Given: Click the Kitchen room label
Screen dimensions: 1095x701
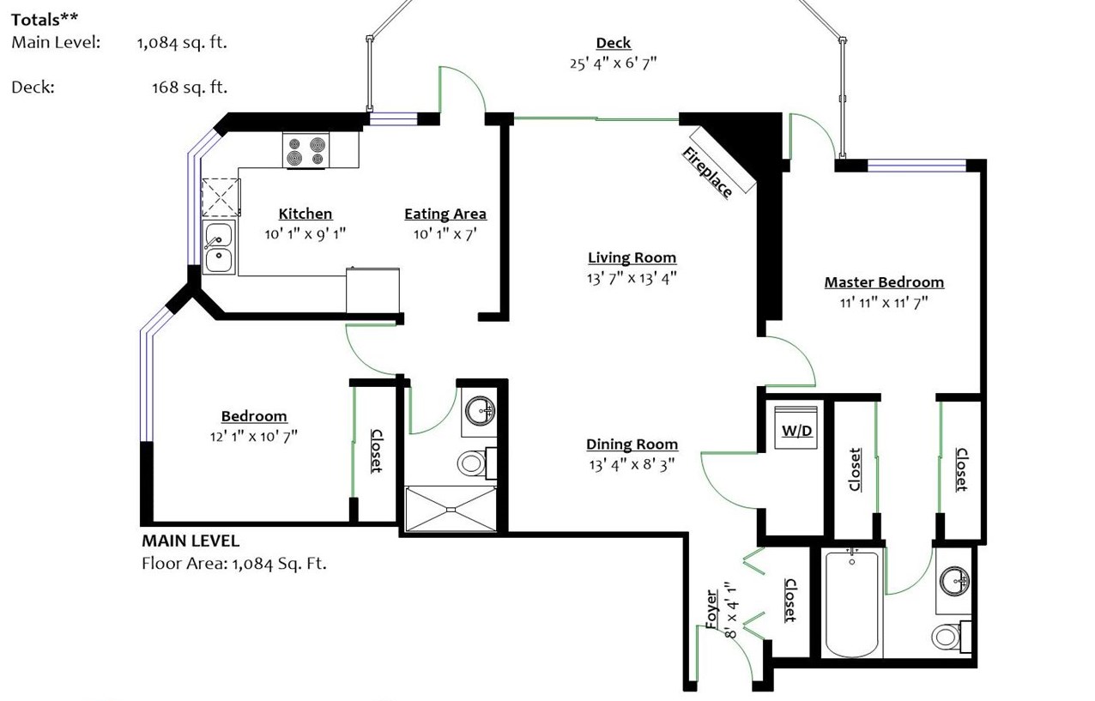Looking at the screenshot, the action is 305,214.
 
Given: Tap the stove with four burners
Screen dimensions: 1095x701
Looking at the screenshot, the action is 306,150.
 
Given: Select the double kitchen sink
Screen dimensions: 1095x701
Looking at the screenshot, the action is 219,247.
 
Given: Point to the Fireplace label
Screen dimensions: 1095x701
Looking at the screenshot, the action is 707,172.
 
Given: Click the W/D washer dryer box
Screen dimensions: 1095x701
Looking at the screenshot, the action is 796,427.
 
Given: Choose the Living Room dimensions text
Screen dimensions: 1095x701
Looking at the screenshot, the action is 632,278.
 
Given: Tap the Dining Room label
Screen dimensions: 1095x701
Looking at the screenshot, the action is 632,444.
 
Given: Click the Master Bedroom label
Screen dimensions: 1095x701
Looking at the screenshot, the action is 884,282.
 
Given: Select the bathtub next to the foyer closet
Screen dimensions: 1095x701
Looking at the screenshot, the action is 852,604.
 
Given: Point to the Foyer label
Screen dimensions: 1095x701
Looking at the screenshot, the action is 711,609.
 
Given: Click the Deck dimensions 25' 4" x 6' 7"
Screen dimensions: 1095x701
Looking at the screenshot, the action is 613,63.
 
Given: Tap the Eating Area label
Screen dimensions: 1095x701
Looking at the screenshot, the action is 445,214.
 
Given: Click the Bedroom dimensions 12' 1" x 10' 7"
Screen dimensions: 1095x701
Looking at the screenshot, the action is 254,436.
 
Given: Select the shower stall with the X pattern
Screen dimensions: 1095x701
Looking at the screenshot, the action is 451,509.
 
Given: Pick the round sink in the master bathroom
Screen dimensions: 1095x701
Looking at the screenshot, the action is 953,581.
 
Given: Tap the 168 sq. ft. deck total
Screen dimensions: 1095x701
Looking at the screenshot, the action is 190,88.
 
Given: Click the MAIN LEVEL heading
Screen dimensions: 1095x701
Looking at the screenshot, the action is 191,541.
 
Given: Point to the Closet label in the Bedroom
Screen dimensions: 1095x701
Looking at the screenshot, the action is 376,450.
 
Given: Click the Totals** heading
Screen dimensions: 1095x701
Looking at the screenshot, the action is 45,20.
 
